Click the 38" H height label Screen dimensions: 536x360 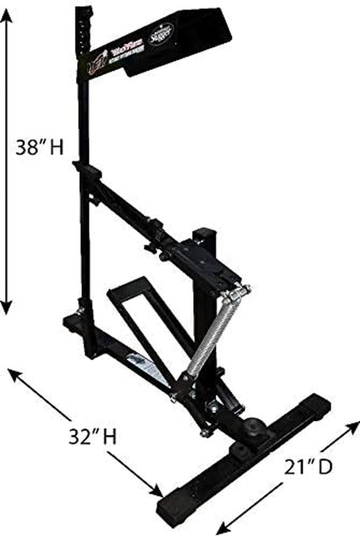tap(40, 148)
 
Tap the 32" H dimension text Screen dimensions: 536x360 tap(92, 436)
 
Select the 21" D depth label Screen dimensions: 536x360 tap(309, 467)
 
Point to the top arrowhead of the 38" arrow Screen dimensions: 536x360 tap(6, 14)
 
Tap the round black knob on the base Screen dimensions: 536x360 tap(253, 426)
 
